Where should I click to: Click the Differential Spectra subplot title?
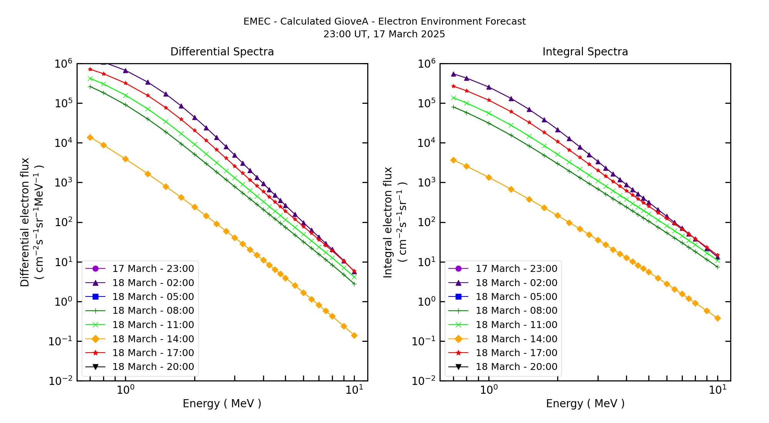222,52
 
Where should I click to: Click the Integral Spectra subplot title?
585,52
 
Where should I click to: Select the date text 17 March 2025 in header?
409,34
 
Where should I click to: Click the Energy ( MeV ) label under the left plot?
222,403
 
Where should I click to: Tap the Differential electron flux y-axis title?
25,222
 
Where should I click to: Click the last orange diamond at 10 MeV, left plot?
354,335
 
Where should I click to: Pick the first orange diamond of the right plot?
453,160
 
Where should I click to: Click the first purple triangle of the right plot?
453,74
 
